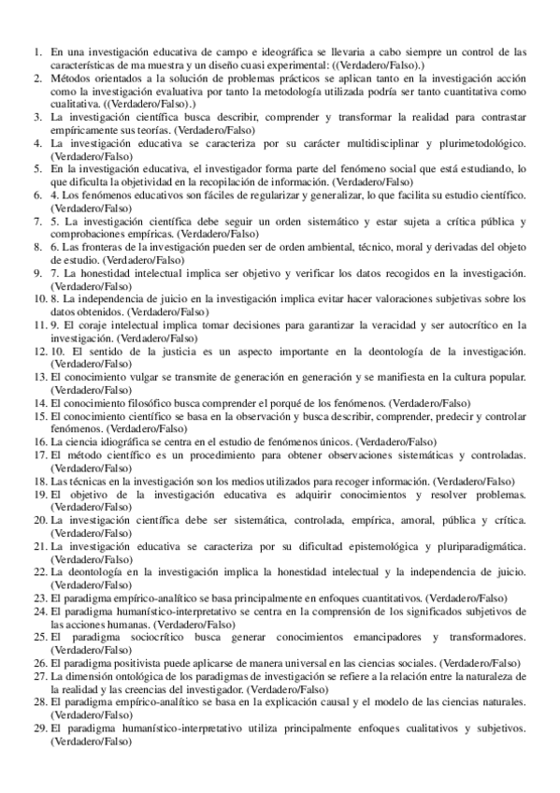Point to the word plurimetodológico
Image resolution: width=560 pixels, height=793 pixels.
(x=476, y=145)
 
